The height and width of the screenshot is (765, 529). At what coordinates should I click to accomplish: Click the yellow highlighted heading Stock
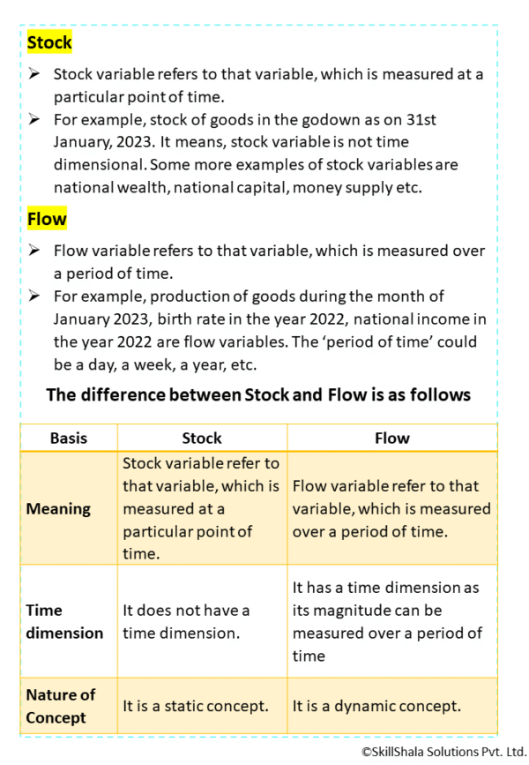(x=49, y=42)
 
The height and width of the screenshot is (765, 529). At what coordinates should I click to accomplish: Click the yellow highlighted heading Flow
(x=47, y=218)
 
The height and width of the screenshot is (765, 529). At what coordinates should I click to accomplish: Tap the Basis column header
(x=68, y=438)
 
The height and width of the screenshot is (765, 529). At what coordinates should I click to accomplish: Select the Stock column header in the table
(x=201, y=438)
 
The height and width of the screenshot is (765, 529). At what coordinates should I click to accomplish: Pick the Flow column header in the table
(x=391, y=438)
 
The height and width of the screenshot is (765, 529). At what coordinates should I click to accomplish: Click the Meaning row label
(x=58, y=508)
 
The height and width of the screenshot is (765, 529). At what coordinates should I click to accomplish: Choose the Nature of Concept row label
(x=61, y=706)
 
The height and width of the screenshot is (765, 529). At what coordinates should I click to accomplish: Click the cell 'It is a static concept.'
(x=194, y=706)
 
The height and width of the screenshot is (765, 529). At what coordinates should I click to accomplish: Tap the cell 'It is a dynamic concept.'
(x=376, y=706)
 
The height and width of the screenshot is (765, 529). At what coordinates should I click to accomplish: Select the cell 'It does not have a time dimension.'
(x=186, y=621)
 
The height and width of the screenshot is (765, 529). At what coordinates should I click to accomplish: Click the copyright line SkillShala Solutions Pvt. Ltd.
(x=443, y=751)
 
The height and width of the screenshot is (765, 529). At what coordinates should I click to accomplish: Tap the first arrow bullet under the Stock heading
(x=34, y=74)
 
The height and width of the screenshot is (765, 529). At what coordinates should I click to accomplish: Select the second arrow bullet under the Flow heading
(x=34, y=295)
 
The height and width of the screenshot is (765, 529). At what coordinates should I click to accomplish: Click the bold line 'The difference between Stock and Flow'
(x=257, y=394)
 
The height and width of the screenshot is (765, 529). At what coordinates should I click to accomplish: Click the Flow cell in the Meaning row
(x=391, y=508)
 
